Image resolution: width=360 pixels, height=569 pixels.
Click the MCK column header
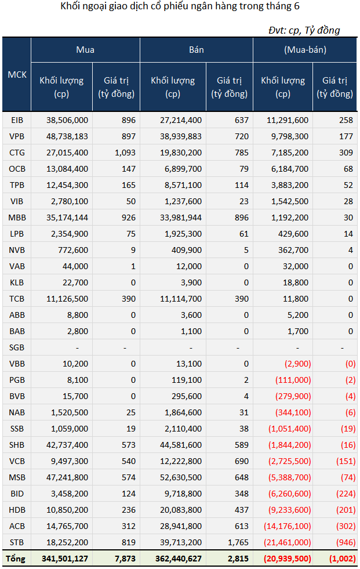[x=17, y=74]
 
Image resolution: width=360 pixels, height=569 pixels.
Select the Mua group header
[x=85, y=50]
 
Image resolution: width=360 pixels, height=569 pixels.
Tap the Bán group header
[x=197, y=50]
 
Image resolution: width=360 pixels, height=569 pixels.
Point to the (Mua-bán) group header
[x=306, y=50]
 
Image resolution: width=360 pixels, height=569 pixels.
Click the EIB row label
[x=17, y=120]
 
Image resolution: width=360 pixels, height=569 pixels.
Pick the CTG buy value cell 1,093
[x=125, y=153]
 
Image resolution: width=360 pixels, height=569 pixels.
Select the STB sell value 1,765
[x=238, y=542]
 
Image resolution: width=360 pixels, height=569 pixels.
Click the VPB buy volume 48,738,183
[x=67, y=136]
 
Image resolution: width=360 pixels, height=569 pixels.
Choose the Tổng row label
[x=16, y=559]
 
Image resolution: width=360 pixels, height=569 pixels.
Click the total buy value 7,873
[x=125, y=559]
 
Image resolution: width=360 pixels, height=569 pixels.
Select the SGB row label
[x=17, y=347]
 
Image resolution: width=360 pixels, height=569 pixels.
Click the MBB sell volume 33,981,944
[x=181, y=218]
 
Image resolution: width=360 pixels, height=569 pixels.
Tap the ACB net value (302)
[x=346, y=526]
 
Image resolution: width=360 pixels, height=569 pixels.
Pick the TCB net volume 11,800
[x=296, y=299]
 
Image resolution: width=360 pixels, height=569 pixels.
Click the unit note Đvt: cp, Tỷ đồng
[x=304, y=31]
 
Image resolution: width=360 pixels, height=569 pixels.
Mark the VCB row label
[x=17, y=461]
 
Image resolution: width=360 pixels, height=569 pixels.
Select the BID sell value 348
[x=242, y=494]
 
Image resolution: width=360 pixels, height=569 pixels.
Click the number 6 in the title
[x=297, y=6]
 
